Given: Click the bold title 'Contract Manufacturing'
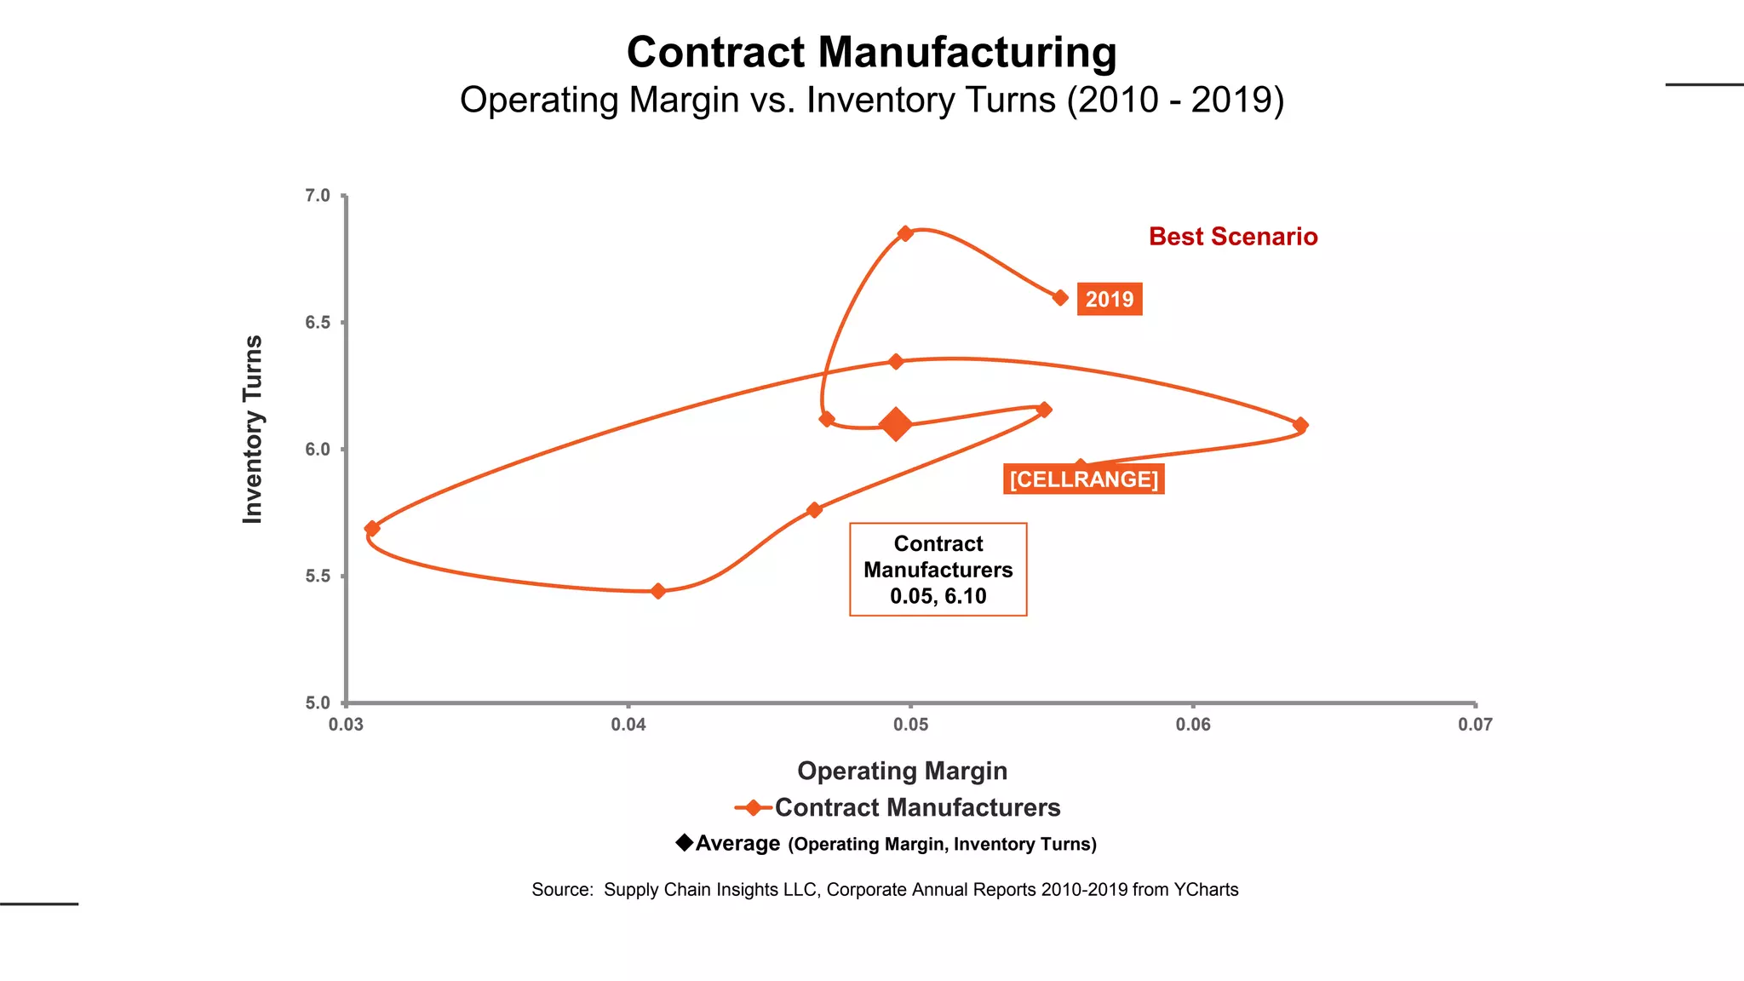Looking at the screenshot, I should point(871,53).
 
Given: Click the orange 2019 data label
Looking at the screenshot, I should point(1109,300).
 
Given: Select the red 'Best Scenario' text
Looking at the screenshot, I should point(1232,237).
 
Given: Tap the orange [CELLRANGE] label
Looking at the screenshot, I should point(1083,479).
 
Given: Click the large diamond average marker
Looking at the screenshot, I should point(895,423).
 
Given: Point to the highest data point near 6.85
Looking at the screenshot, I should point(905,233).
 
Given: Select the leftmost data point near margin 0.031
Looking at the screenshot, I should point(372,529).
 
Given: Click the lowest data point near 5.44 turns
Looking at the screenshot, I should point(657,591).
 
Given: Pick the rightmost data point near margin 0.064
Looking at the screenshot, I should point(1300,425).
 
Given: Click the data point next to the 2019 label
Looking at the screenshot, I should point(1060,298).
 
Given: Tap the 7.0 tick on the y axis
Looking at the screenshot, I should point(318,196).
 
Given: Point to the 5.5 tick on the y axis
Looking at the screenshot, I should point(318,577).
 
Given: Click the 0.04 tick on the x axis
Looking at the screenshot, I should point(628,725).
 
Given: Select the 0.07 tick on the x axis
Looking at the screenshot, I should point(1475,725).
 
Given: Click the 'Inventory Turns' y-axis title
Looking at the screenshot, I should point(253,429).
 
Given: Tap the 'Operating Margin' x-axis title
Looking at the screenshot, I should point(902,771).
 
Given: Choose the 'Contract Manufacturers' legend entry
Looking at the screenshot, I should point(916,807).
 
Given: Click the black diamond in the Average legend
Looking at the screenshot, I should point(685,842).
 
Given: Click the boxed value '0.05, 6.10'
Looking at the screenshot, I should point(938,596).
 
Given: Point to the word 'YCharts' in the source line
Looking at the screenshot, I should point(1206,890).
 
